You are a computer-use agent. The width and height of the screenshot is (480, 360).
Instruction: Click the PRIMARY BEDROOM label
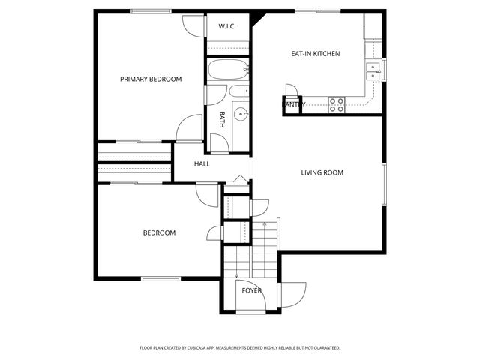tap(151, 79)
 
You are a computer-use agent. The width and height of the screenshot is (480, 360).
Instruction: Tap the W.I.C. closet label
tap(227, 27)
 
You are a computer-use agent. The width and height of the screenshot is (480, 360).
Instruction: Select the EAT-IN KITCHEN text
tap(316, 54)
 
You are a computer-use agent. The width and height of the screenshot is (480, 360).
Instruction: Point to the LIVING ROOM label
tap(322, 172)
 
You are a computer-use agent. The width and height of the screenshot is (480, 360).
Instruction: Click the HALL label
tap(202, 163)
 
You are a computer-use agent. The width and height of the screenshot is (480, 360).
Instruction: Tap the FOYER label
tap(251, 290)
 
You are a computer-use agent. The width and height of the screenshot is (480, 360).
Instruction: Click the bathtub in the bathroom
tap(227, 73)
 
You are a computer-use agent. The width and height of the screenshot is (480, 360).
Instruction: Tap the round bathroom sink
tap(241, 115)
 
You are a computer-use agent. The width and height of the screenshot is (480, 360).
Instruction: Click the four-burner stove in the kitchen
tap(337, 104)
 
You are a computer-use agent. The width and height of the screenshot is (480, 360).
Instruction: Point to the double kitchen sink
tap(373, 70)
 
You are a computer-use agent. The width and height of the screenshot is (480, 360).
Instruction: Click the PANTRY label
tap(293, 105)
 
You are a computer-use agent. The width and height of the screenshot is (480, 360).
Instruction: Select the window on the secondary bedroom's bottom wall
tap(160, 279)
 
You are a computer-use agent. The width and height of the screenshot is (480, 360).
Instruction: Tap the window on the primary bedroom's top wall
tap(149, 10)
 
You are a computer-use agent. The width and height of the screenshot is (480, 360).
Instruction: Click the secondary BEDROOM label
tap(159, 232)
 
